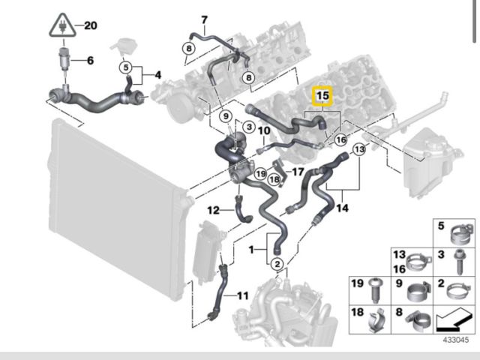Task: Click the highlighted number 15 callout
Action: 322,97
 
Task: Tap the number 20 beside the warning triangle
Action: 91,25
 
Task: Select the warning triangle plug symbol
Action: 59,26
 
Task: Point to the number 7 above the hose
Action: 203,19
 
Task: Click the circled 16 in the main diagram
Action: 341,139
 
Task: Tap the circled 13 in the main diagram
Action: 359,150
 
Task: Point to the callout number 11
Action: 241,295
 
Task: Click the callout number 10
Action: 263,131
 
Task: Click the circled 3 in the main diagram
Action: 247,129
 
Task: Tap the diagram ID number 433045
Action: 454,339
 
